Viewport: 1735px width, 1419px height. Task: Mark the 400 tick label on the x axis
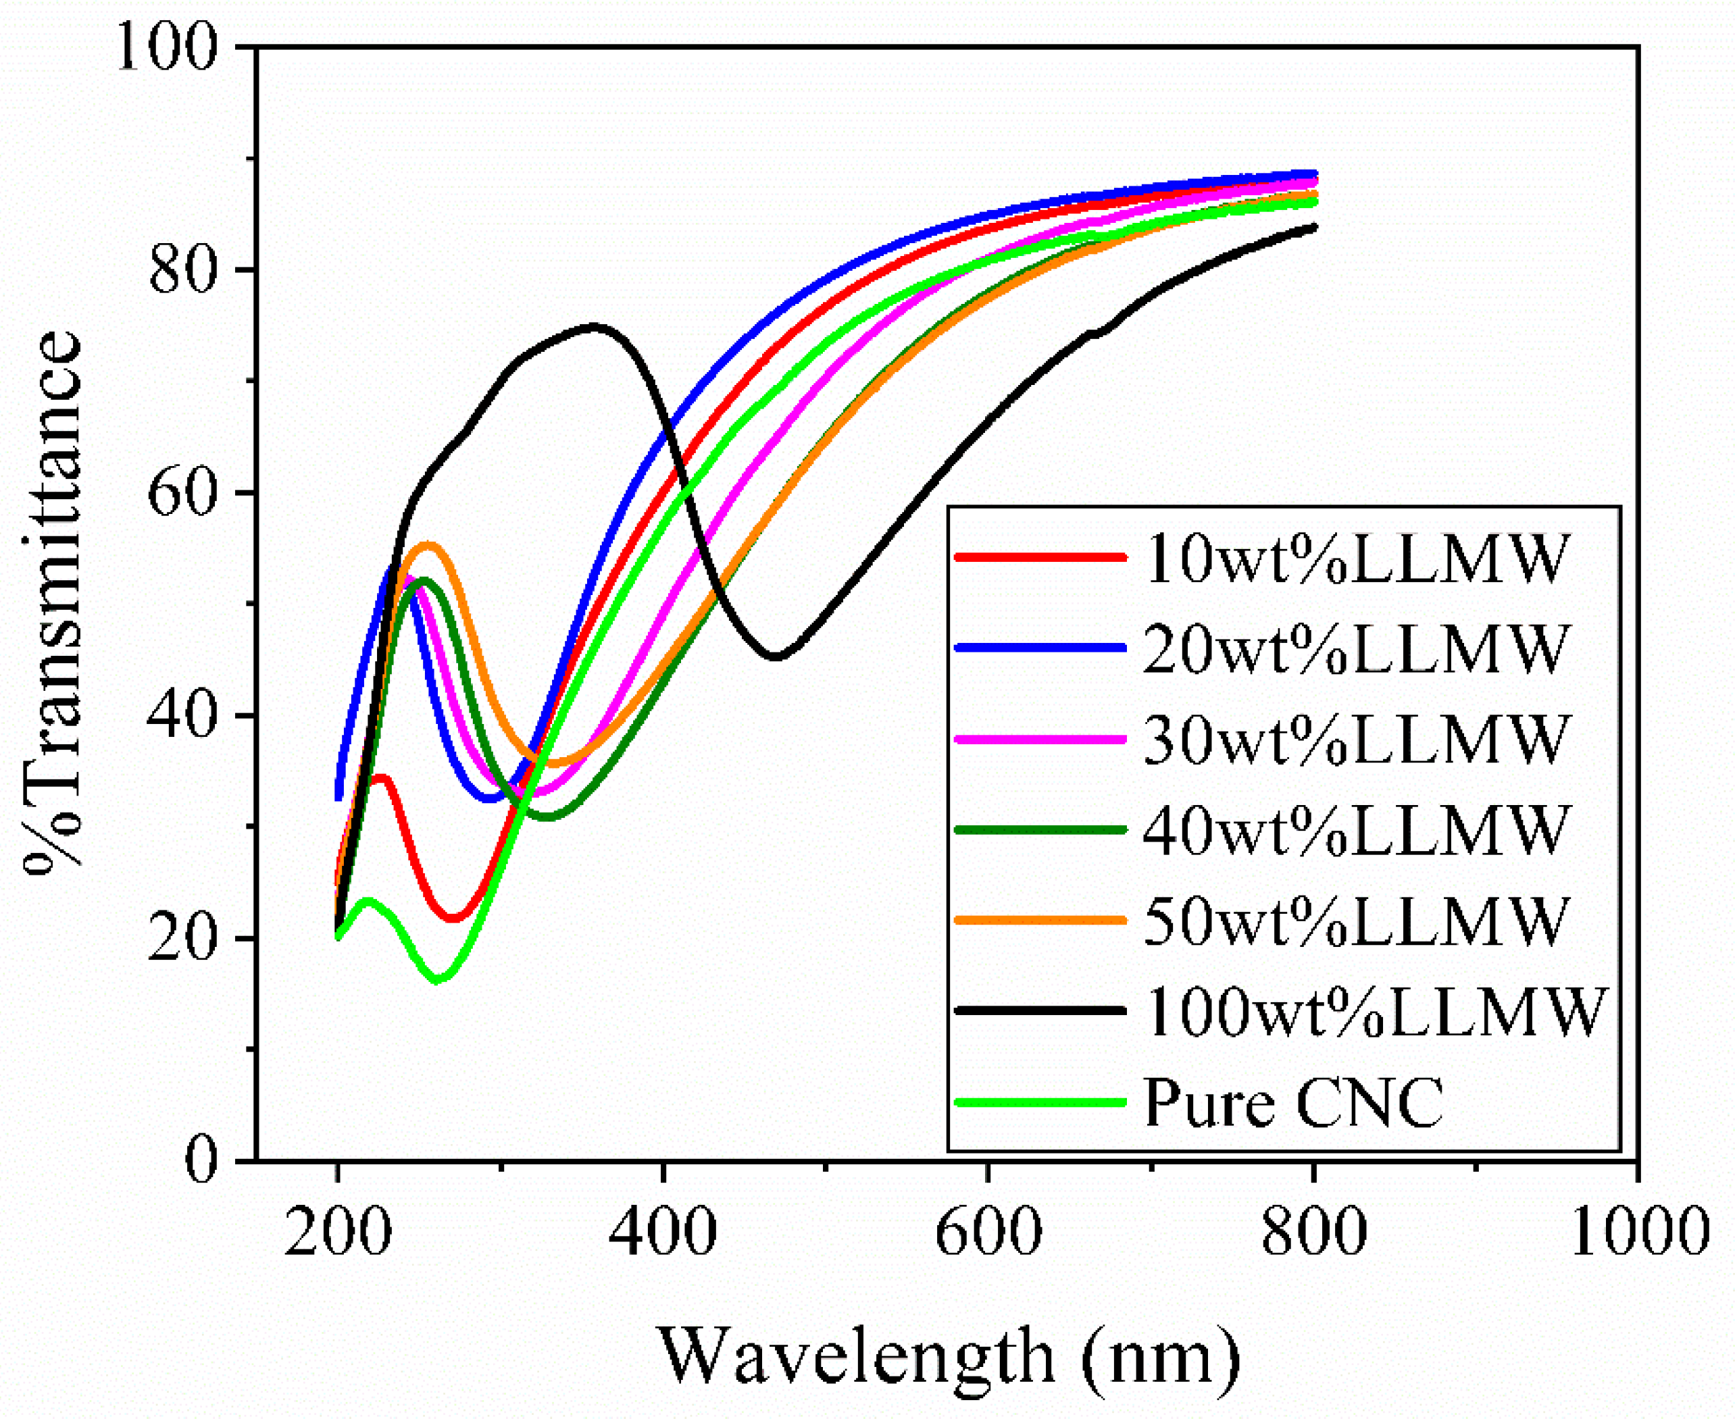pyautogui.click(x=662, y=1231)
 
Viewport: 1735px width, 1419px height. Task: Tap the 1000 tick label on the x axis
pyautogui.click(x=1639, y=1231)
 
